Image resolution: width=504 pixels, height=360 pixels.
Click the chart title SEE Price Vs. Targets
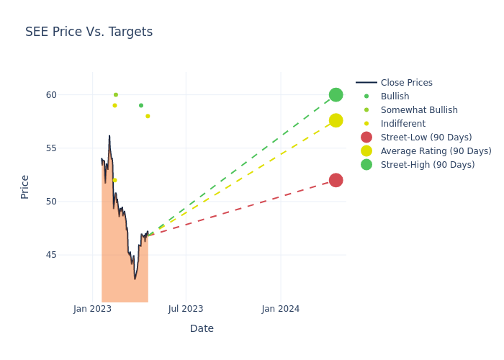89,32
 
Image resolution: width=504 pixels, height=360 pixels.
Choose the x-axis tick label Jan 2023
93,309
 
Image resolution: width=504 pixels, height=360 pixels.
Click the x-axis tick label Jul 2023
186,309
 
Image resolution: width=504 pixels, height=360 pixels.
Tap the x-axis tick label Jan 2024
280,309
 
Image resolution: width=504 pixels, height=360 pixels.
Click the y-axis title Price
25,186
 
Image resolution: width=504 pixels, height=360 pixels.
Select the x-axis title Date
202,328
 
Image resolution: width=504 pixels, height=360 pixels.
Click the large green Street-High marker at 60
336,95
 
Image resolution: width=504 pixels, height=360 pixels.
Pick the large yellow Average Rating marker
336,120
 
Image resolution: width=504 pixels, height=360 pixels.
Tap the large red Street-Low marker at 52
336,180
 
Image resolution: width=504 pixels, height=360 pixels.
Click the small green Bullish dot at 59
141,106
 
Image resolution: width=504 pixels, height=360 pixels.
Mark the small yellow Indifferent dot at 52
114,180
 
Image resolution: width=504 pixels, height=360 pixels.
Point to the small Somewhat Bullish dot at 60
115,95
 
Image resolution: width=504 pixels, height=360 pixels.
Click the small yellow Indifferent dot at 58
148,116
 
